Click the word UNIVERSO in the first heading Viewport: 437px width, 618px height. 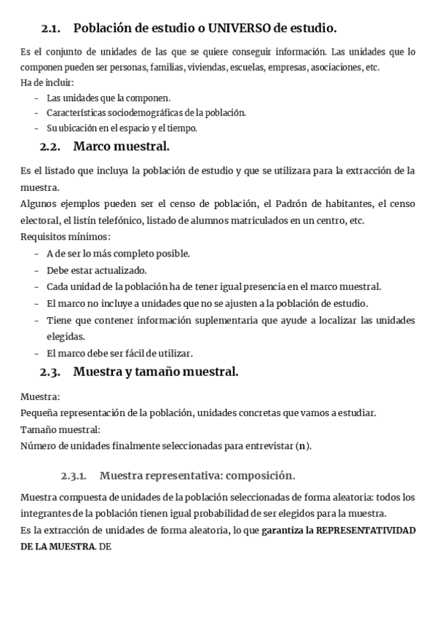tap(240, 28)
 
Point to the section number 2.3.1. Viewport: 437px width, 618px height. tap(74, 476)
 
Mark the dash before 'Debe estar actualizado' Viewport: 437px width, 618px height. tap(36, 270)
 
